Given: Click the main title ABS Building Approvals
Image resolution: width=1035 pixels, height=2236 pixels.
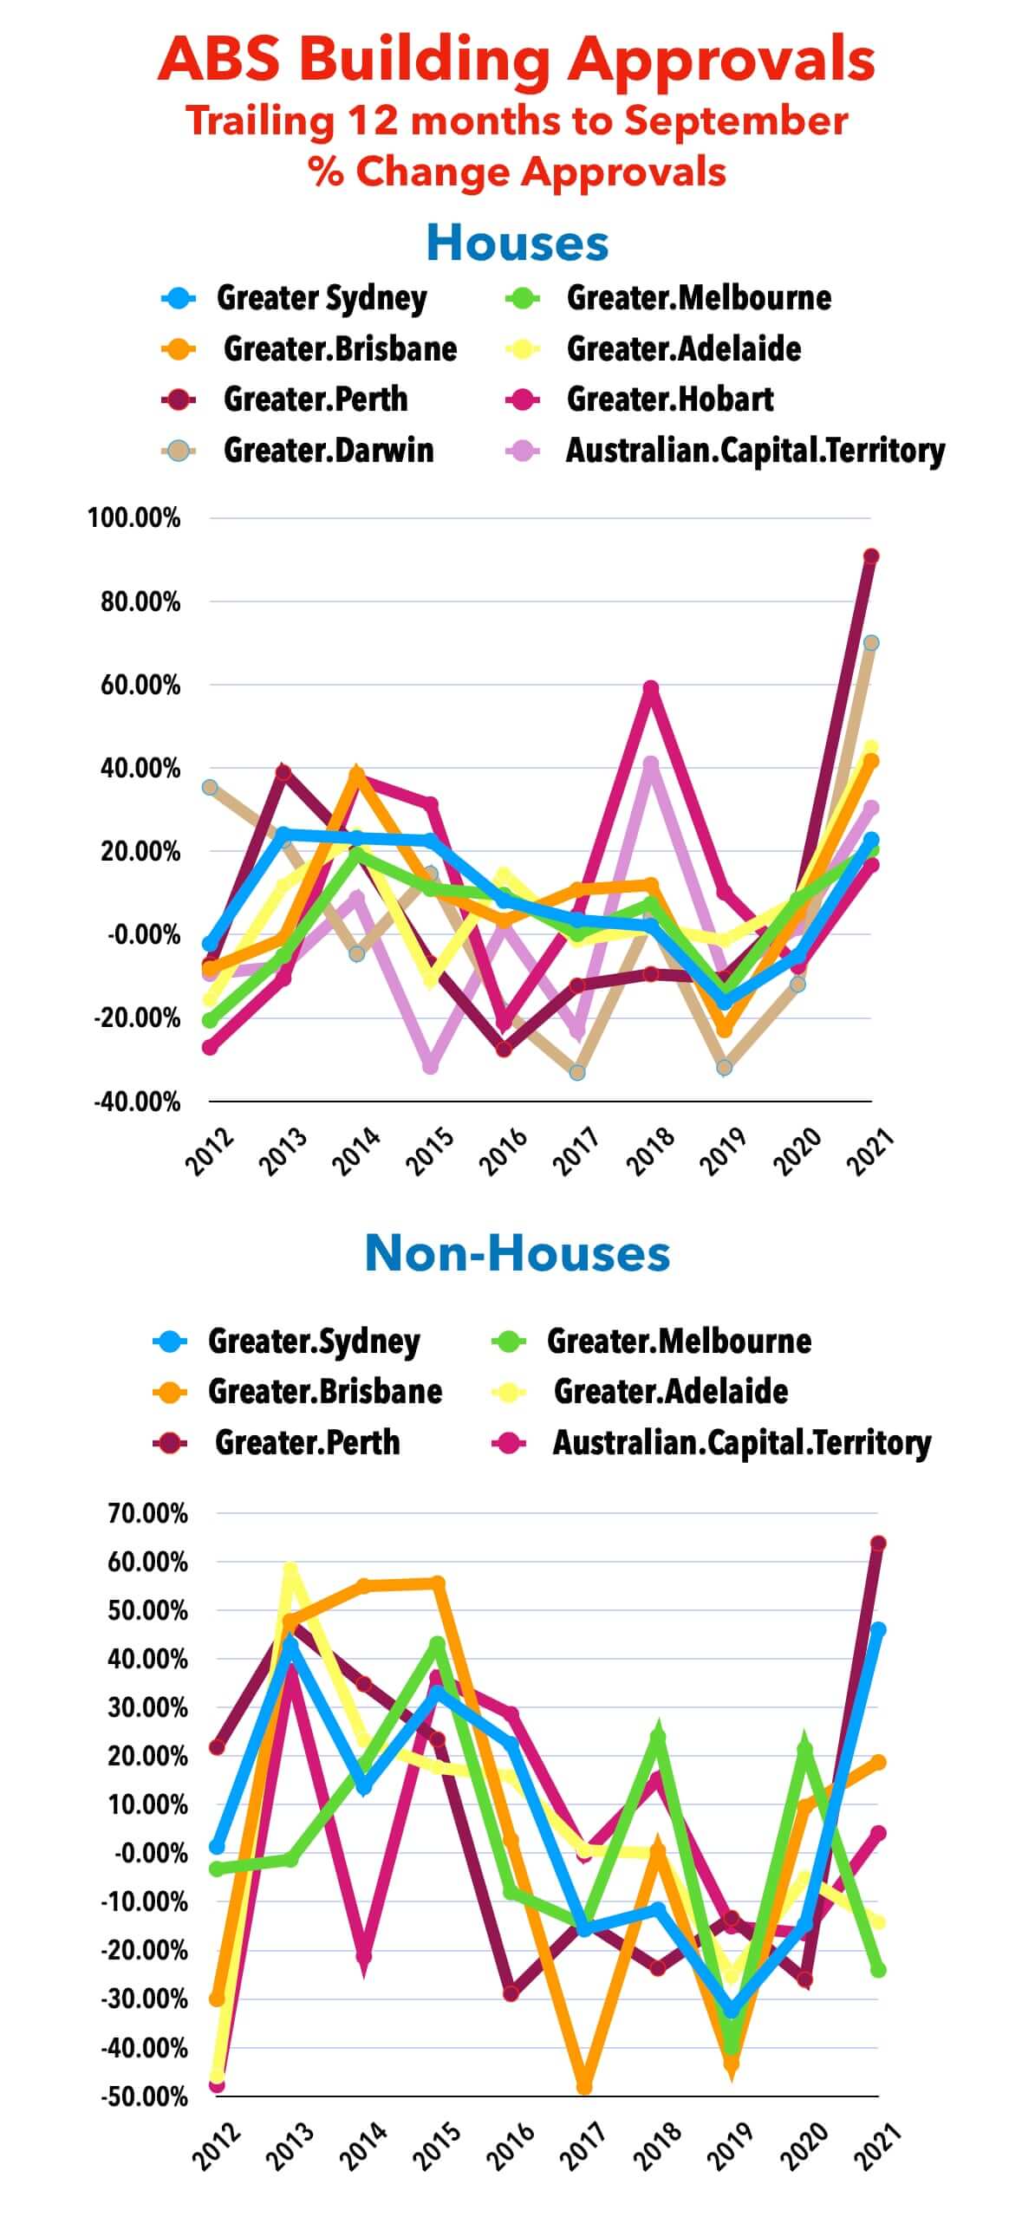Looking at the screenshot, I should (517, 59).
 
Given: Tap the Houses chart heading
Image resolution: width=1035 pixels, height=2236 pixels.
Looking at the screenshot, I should (517, 243).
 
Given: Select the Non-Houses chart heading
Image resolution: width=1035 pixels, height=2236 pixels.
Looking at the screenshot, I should (517, 1253).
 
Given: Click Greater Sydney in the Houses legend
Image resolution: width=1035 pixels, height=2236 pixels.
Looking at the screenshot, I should (322, 299).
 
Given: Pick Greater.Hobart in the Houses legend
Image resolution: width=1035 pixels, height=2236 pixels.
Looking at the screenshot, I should (669, 400).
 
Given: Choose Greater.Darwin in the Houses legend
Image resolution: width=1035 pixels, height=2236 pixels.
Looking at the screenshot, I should (329, 451).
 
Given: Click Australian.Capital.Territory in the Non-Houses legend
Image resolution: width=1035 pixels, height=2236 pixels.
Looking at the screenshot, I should (741, 1443).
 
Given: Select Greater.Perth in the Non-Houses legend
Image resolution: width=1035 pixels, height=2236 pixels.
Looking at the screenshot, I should (308, 1443).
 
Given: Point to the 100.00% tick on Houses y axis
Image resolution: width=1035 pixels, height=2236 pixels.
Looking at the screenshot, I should (133, 518).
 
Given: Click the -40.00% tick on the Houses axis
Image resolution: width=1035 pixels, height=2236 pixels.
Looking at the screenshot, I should (136, 1102).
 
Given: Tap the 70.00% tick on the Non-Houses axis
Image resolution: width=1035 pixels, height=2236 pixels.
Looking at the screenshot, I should (146, 1513).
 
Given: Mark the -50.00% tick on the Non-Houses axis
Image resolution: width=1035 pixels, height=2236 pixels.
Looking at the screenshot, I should (144, 2096).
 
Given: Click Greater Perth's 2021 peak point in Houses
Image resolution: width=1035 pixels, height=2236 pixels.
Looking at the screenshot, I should (871, 556).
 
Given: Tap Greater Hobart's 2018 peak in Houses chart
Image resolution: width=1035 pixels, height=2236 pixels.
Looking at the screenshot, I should (650, 688).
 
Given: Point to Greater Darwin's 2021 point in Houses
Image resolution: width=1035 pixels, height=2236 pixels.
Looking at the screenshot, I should (871, 643).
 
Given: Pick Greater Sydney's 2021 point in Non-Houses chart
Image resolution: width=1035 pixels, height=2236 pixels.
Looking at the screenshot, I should (878, 1630).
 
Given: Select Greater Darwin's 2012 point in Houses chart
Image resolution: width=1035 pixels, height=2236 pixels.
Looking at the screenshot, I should (210, 787).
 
